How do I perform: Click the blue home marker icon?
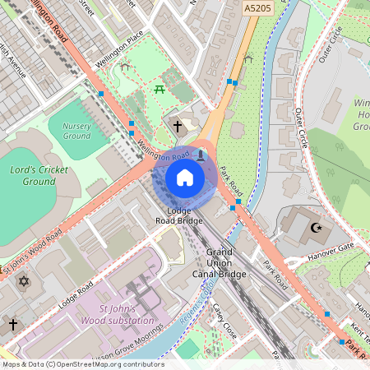point(185,177)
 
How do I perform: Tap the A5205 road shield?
point(257,7)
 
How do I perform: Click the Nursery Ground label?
point(76,130)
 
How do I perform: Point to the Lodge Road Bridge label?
point(178,216)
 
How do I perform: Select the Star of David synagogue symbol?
point(23,282)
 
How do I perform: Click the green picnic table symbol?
point(160,89)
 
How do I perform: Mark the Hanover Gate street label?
point(333,245)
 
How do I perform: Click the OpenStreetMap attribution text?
point(82,364)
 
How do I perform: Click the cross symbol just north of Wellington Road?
point(178,127)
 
